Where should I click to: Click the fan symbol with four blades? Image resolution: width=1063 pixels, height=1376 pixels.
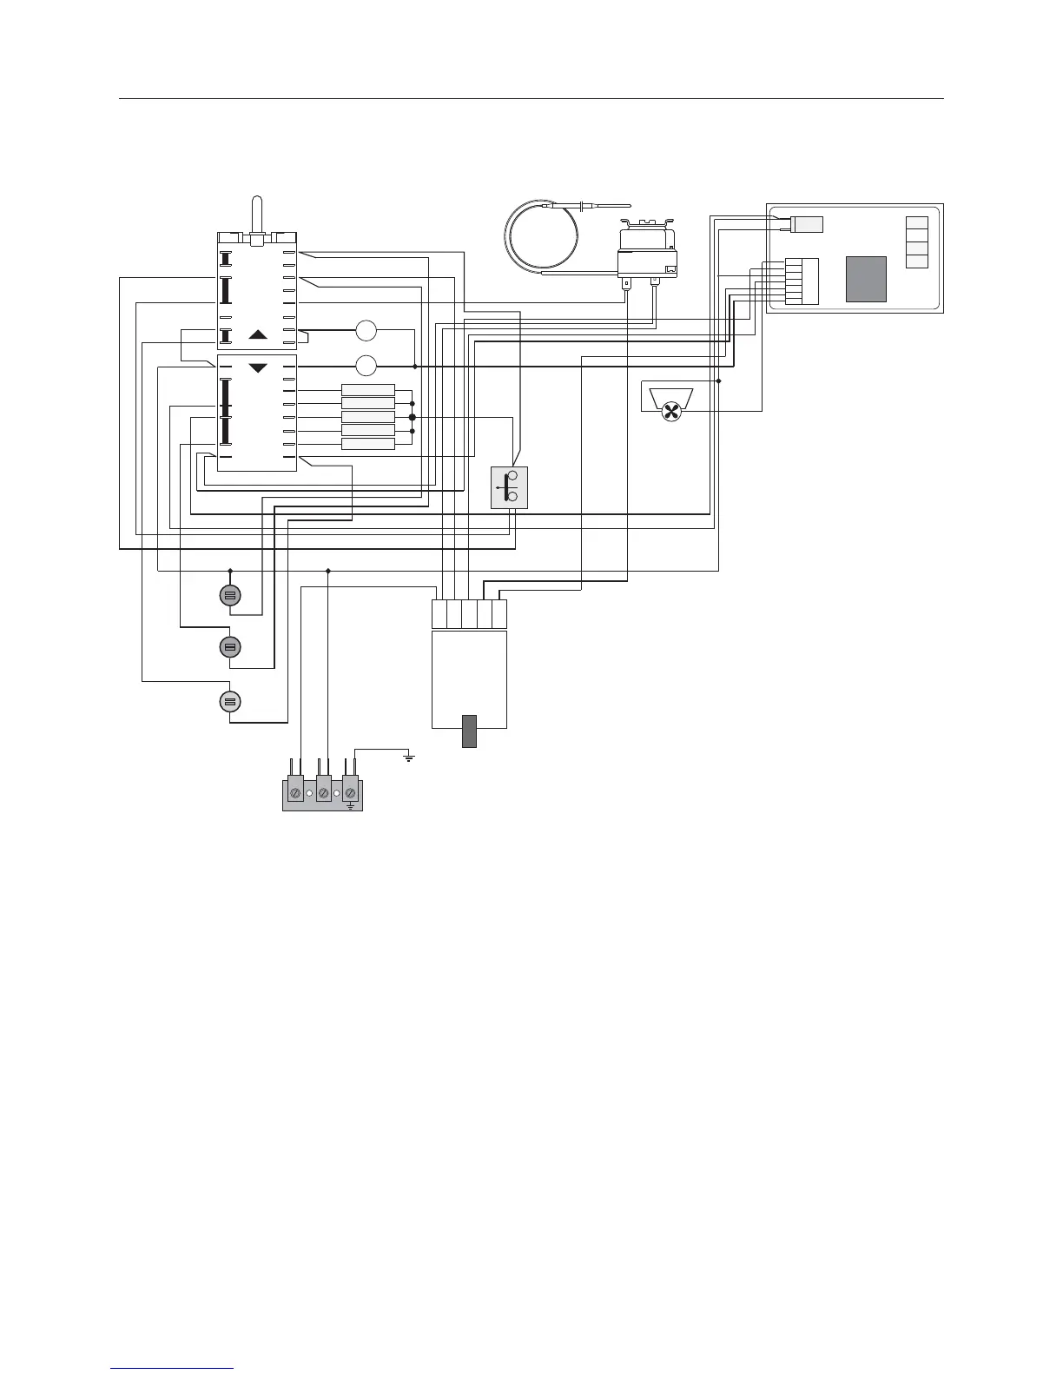tap(670, 413)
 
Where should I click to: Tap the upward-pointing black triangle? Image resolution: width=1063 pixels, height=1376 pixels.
tap(258, 334)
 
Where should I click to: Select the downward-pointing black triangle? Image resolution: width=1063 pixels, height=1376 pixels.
tap(258, 368)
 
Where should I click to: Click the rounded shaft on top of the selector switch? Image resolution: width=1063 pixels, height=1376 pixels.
tap(256, 215)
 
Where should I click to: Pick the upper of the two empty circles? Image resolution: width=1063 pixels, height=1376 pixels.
tap(366, 330)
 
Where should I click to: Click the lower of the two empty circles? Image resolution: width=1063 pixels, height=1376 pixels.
tap(366, 366)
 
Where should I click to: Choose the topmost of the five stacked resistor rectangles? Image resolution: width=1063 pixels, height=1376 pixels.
tap(368, 390)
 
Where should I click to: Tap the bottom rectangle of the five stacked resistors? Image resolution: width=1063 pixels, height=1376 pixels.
tap(368, 444)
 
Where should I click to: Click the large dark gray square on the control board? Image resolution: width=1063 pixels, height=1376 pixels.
tap(866, 279)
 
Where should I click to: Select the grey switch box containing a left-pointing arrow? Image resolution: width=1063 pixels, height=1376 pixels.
tap(509, 487)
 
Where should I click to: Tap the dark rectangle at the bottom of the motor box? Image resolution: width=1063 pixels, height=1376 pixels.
tap(470, 731)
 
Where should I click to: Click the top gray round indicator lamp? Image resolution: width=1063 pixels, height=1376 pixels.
tap(230, 595)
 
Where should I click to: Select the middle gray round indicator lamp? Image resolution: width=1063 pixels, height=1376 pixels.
tap(230, 647)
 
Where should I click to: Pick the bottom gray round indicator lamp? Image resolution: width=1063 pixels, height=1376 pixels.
tap(230, 702)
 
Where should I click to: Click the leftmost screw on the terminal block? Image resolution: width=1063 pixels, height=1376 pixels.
tap(296, 793)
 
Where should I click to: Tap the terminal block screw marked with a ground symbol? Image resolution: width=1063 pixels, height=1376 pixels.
tap(351, 793)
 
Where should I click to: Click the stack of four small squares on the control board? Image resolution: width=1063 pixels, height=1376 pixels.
tap(916, 242)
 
